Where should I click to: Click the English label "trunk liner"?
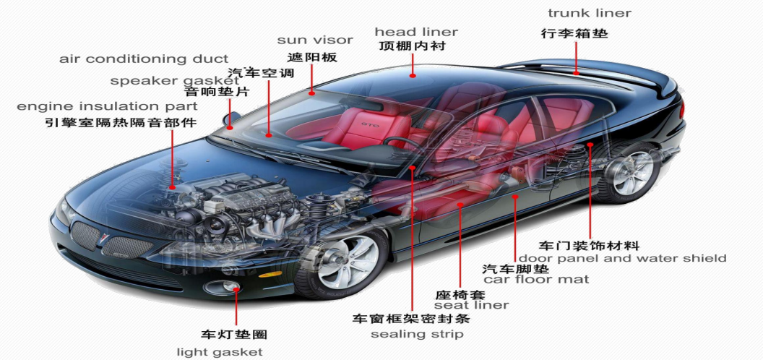point(590,13)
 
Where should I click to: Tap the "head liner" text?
point(416,32)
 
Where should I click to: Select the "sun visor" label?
point(315,40)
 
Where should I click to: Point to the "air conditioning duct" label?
point(144,59)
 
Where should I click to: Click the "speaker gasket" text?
point(175,81)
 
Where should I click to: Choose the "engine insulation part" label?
point(108,106)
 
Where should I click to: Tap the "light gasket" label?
point(220,352)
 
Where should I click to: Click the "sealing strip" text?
point(417,334)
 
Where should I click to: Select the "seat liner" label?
point(471,305)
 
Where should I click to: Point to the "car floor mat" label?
point(536,279)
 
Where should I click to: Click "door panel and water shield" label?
point(622,258)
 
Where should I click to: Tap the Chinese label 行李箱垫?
point(574,33)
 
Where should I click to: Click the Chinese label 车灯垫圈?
point(234,334)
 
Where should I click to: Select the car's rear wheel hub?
point(633,173)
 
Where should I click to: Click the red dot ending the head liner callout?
point(413,75)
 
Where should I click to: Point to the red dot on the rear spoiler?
point(576,72)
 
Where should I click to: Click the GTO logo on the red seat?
point(366,125)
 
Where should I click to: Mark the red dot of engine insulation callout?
point(172,187)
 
